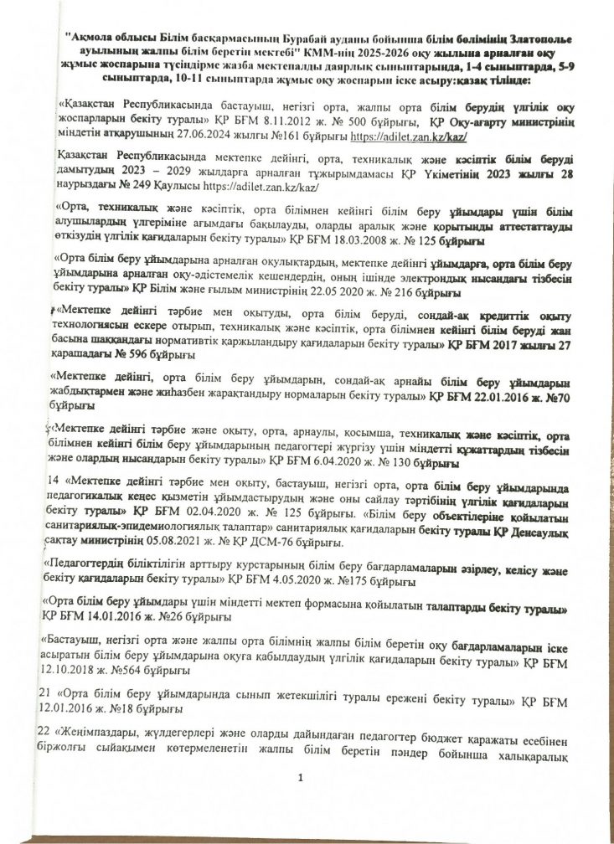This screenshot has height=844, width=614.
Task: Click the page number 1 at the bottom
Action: [299, 780]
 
